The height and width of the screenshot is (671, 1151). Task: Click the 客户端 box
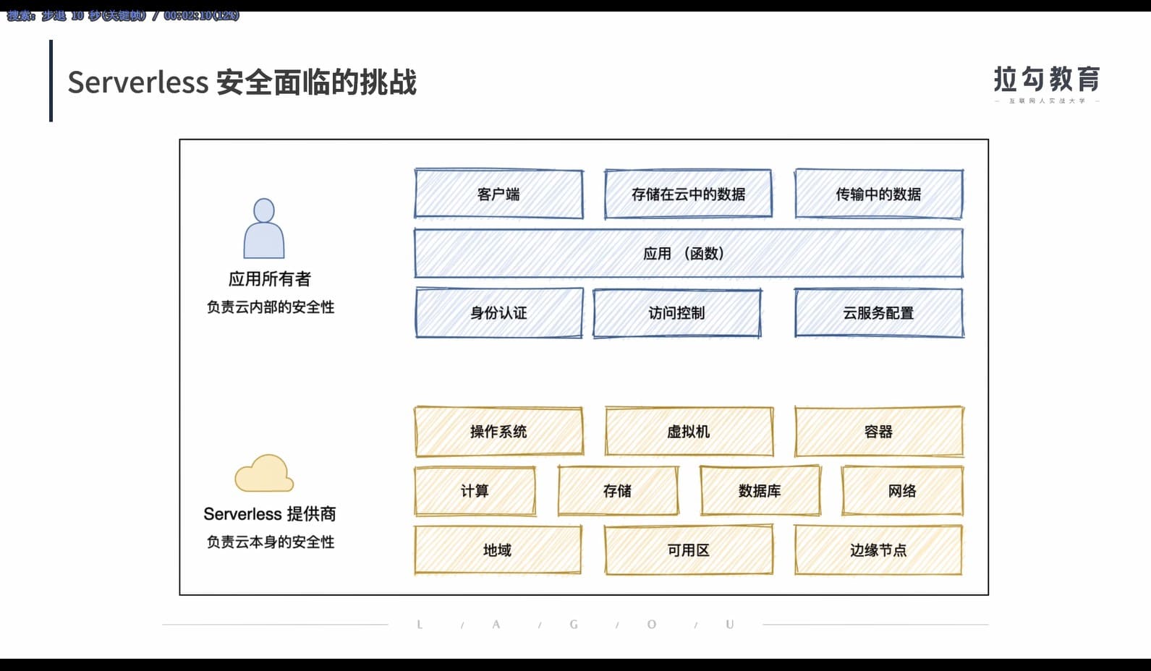(x=498, y=194)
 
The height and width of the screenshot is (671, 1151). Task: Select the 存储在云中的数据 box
(x=688, y=194)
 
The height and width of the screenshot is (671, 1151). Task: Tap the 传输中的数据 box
(x=878, y=194)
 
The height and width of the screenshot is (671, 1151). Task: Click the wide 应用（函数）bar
(x=688, y=254)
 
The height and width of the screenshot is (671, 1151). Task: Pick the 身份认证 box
(x=498, y=313)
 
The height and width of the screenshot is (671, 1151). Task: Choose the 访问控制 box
(x=676, y=313)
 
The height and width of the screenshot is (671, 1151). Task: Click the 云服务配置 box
(x=878, y=313)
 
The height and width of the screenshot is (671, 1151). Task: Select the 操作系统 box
(x=498, y=432)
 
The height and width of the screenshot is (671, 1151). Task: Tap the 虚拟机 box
(x=689, y=432)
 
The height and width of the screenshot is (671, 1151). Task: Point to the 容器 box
(x=878, y=432)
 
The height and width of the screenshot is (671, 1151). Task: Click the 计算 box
(x=475, y=491)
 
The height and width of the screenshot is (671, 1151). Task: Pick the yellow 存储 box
(x=618, y=491)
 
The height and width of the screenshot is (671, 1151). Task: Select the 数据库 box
(x=760, y=491)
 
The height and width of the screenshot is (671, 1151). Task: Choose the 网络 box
(x=902, y=491)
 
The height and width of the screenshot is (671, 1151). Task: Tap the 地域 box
(x=498, y=550)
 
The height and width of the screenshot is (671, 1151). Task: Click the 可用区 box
(x=689, y=550)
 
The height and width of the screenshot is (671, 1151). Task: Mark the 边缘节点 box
(x=878, y=550)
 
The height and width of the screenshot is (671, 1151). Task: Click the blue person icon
(x=264, y=228)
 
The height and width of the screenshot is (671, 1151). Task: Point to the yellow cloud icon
(x=264, y=474)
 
